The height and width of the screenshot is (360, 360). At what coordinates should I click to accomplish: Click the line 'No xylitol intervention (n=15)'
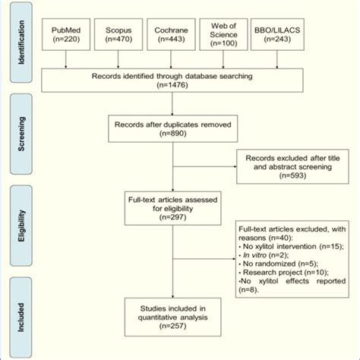pyautogui.click(x=290, y=246)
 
